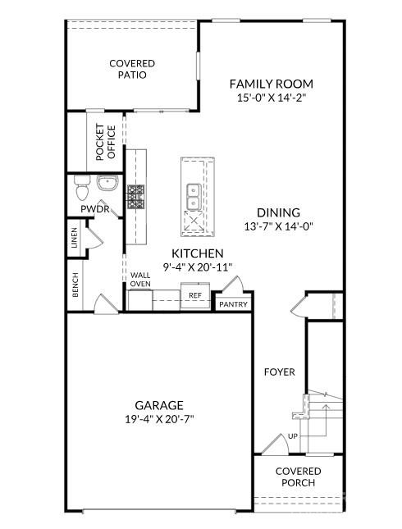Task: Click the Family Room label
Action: pyautogui.click(x=272, y=84)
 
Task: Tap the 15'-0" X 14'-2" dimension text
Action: pyautogui.click(x=272, y=98)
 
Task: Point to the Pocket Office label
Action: pyautogui.click(x=106, y=142)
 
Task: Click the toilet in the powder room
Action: pyautogui.click(x=82, y=188)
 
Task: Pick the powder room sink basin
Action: pyautogui.click(x=107, y=183)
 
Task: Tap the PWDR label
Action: pyautogui.click(x=95, y=209)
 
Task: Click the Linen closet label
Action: pyautogui.click(x=75, y=238)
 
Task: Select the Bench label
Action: pyautogui.click(x=75, y=285)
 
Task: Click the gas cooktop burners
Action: pyautogui.click(x=135, y=197)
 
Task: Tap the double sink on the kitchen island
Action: pyautogui.click(x=194, y=197)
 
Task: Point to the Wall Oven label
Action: pyautogui.click(x=140, y=280)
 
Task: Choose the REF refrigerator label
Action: pyautogui.click(x=195, y=295)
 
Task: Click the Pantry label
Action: pyautogui.click(x=234, y=304)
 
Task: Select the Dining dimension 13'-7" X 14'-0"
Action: pyautogui.click(x=279, y=226)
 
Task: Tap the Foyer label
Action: pyautogui.click(x=280, y=372)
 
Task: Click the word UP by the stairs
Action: pyautogui.click(x=293, y=436)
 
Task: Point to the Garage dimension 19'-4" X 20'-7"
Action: pyautogui.click(x=159, y=419)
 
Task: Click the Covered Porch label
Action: pyautogui.click(x=299, y=477)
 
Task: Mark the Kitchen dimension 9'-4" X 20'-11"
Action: pyautogui.click(x=198, y=267)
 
